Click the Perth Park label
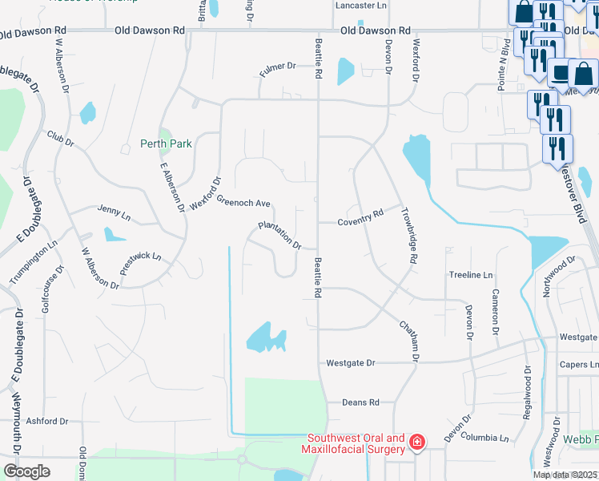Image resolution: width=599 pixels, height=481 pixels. pyautogui.click(x=166, y=143)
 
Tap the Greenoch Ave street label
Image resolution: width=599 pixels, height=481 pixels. pyautogui.click(x=243, y=203)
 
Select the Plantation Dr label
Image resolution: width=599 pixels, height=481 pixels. pyautogui.click(x=279, y=235)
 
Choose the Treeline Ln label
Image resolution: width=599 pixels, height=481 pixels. pyautogui.click(x=470, y=274)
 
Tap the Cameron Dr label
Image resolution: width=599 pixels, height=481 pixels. pyautogui.click(x=496, y=312)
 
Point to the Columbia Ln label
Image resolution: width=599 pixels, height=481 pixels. pyautogui.click(x=484, y=439)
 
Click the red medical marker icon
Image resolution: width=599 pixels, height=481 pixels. pyautogui.click(x=416, y=442)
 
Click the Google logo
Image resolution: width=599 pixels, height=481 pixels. pyautogui.click(x=26, y=471)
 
